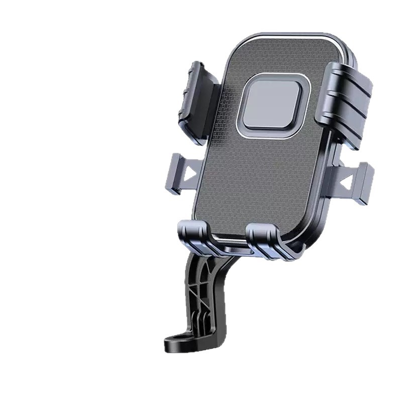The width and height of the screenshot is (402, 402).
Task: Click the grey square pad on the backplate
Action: tap(272, 105)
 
